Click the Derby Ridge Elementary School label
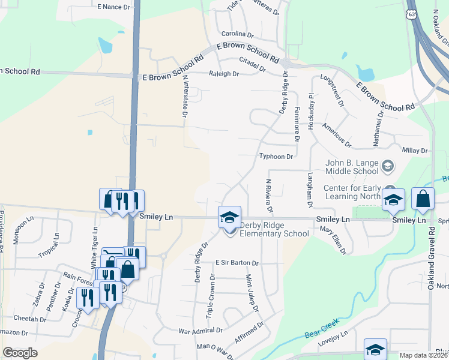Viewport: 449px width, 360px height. pyautogui.click(x=274, y=230)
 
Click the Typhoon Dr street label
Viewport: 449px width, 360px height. pyautogui.click(x=276, y=157)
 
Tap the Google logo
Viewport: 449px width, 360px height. pyautogui.click(x=20, y=353)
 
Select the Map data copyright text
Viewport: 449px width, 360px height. pyautogui.click(x=423, y=355)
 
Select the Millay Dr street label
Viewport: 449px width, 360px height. pyautogui.click(x=415, y=151)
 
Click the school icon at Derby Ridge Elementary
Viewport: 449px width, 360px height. pyautogui.click(x=229, y=218)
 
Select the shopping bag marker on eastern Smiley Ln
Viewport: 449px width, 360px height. pyautogui.click(x=423, y=200)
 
